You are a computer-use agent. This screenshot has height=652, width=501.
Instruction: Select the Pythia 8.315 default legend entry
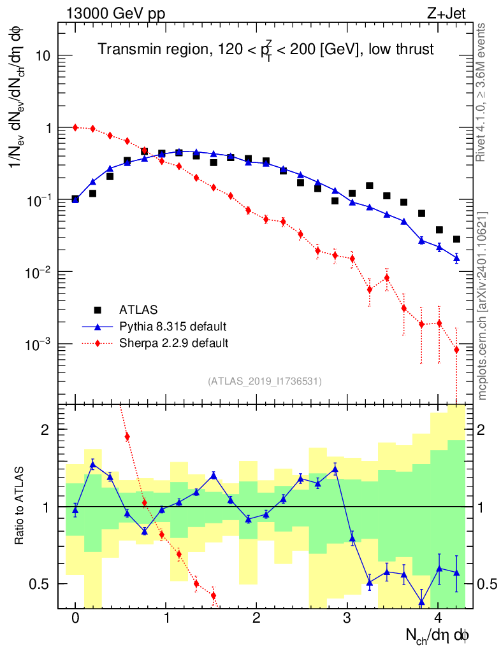click(173, 327)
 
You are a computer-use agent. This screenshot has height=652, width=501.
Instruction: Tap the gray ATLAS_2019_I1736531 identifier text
click(265, 381)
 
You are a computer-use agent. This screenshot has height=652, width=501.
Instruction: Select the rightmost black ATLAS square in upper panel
click(456, 239)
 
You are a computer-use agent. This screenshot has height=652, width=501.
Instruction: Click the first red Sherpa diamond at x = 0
click(75, 127)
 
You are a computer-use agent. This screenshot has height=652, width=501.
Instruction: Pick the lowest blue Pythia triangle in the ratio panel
click(421, 601)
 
